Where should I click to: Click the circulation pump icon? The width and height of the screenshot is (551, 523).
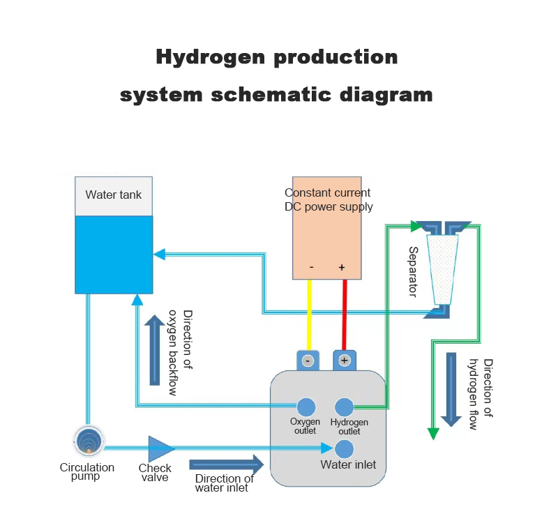(x=89, y=441)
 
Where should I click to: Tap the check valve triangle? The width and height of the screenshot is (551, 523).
(x=160, y=448)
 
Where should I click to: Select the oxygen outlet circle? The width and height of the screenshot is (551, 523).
(x=306, y=407)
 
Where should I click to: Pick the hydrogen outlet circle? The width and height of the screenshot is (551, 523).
(x=345, y=407)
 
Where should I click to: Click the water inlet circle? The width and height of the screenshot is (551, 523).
(x=345, y=448)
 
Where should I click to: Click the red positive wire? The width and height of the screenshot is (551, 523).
(x=343, y=314)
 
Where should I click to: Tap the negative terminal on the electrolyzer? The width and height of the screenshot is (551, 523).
(x=308, y=360)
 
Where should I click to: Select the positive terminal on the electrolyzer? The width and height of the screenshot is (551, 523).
(x=345, y=360)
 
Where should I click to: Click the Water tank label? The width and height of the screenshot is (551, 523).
(x=113, y=195)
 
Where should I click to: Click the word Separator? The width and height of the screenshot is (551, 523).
(x=413, y=271)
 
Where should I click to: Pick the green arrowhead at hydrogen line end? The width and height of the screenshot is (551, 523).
(x=433, y=434)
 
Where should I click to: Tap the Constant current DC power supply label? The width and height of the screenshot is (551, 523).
(x=328, y=199)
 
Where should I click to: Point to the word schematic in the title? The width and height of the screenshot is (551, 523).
(x=269, y=94)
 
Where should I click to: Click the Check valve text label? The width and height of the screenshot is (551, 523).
(x=155, y=473)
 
